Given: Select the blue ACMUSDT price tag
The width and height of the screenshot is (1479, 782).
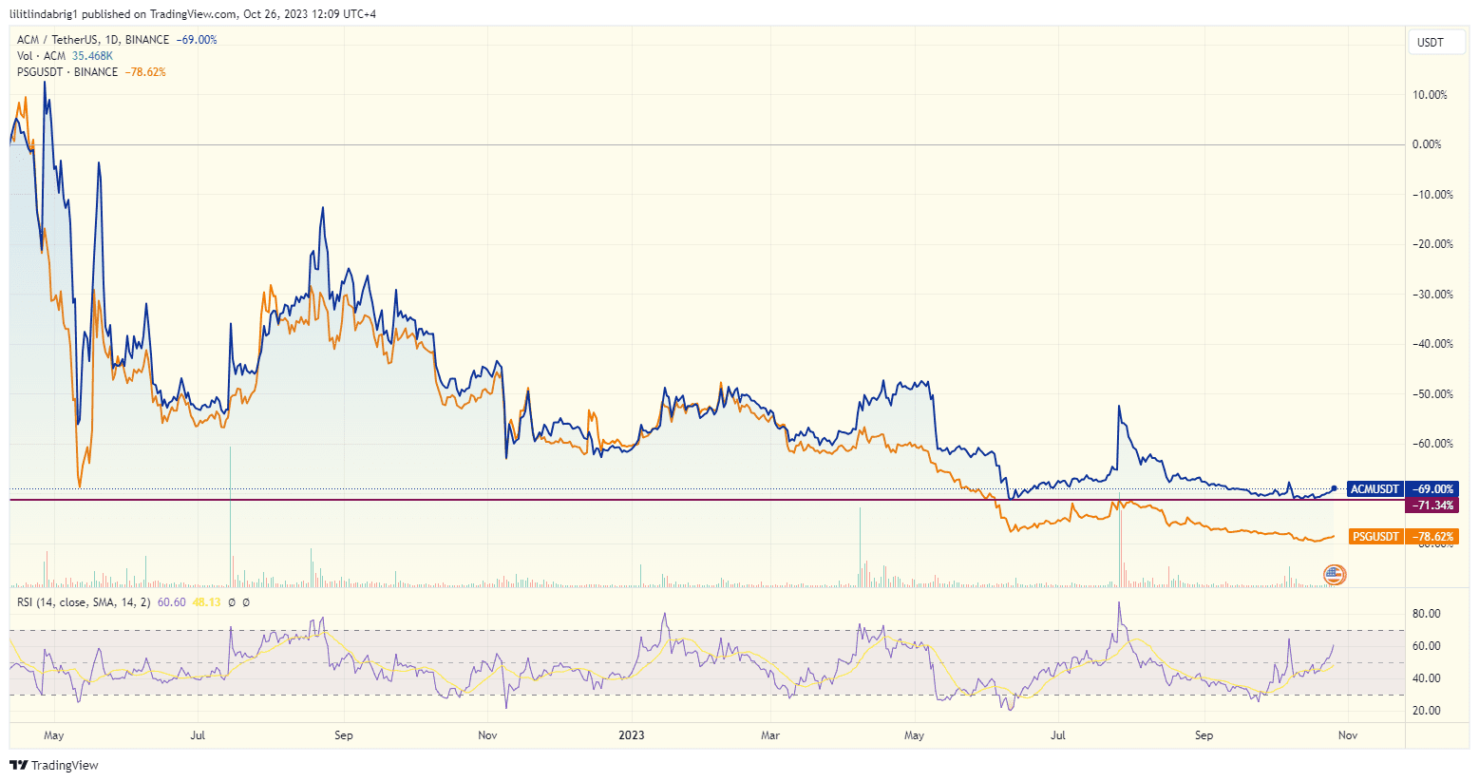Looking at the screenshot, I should click(1375, 489).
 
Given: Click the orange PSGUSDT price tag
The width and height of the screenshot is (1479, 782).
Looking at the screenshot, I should click(1375, 537).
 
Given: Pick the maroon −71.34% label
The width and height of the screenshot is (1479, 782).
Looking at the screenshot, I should click(1432, 505).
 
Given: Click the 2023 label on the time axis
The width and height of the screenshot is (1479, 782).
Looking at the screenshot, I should click(632, 735).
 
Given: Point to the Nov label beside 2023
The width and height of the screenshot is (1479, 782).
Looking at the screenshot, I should click(487, 735).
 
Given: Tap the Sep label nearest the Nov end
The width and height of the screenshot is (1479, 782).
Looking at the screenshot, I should click(1204, 735).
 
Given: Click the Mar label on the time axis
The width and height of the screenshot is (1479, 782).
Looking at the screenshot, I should click(770, 735).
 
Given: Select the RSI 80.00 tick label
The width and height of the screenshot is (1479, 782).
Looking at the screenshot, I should click(1427, 614).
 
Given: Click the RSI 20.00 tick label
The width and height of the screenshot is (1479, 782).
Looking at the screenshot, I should click(1427, 711).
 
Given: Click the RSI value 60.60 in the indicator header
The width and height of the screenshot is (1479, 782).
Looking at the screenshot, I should click(171, 602).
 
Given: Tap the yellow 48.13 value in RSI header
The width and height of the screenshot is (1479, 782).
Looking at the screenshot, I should click(206, 602).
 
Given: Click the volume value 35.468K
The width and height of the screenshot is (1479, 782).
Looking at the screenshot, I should click(92, 56).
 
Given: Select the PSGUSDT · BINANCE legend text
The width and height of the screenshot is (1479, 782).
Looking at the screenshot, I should click(67, 72).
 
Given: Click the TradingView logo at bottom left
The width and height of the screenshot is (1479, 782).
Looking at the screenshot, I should click(54, 765).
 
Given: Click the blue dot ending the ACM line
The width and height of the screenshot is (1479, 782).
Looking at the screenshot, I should click(1335, 488).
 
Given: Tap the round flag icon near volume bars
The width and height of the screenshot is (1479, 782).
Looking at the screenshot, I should click(1335, 574).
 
